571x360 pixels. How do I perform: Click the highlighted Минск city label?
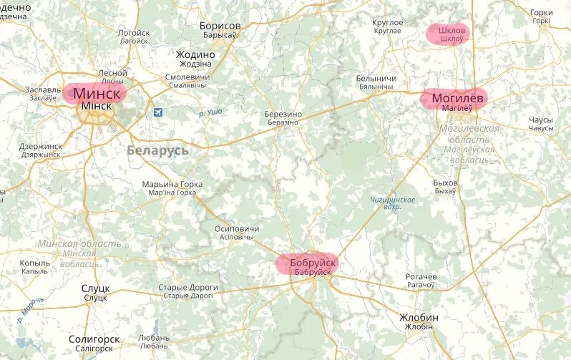(96, 93)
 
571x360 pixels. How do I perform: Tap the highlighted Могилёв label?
(458, 97)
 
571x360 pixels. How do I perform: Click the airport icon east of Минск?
(157, 112)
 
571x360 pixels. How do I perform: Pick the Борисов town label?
(220, 26)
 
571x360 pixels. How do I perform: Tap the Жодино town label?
(195, 54)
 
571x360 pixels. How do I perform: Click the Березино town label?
(283, 115)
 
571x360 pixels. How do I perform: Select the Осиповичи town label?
(236, 229)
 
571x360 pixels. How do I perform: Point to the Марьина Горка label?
(172, 185)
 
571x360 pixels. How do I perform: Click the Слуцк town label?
(95, 288)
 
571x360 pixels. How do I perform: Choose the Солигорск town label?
(94, 339)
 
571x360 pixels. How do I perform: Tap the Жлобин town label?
(419, 317)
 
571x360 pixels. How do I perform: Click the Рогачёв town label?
(420, 277)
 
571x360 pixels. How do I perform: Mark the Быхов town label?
(445, 183)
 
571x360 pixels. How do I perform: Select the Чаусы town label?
(541, 120)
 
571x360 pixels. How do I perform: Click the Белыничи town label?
(376, 78)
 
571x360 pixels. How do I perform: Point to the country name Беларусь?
(157, 150)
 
